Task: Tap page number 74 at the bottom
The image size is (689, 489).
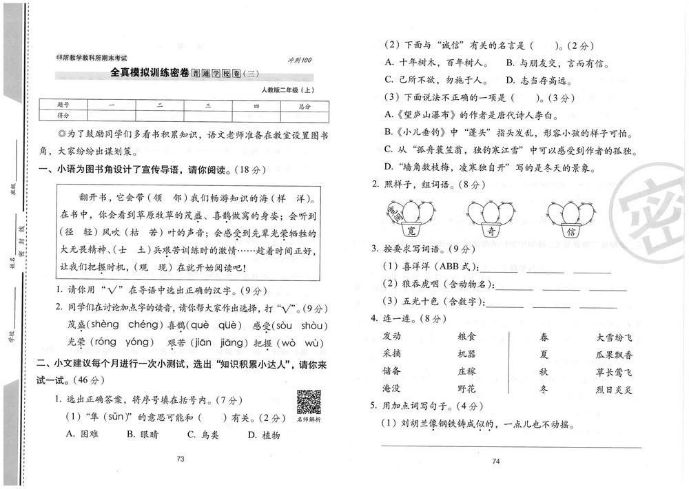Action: (495, 461)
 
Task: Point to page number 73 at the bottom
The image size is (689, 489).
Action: (181, 459)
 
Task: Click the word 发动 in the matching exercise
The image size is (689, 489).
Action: (391, 336)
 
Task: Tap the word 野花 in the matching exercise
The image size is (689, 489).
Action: (466, 389)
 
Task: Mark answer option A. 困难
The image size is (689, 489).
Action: (79, 435)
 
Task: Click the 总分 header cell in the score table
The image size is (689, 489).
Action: (305, 106)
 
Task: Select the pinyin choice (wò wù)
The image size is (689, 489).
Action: (301, 342)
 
